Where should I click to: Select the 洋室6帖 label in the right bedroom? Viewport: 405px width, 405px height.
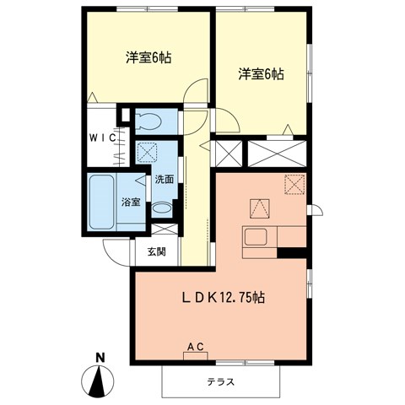[x=260, y=73]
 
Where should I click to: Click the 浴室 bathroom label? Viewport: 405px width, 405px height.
[x=130, y=202]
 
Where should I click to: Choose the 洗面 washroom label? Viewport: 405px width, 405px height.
[x=163, y=179]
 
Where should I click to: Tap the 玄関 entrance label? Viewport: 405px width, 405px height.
[x=156, y=251]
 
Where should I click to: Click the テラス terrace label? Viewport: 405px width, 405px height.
[x=221, y=382]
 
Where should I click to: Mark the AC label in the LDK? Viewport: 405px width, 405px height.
[x=196, y=346]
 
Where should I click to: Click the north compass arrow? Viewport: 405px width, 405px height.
[x=100, y=383]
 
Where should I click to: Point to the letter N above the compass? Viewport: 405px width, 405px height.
[x=100, y=357]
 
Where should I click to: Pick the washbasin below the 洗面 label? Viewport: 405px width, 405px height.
[x=164, y=207]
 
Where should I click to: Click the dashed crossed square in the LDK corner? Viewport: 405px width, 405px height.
[x=294, y=184]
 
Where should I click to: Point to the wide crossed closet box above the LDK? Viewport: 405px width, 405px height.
[x=276, y=154]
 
